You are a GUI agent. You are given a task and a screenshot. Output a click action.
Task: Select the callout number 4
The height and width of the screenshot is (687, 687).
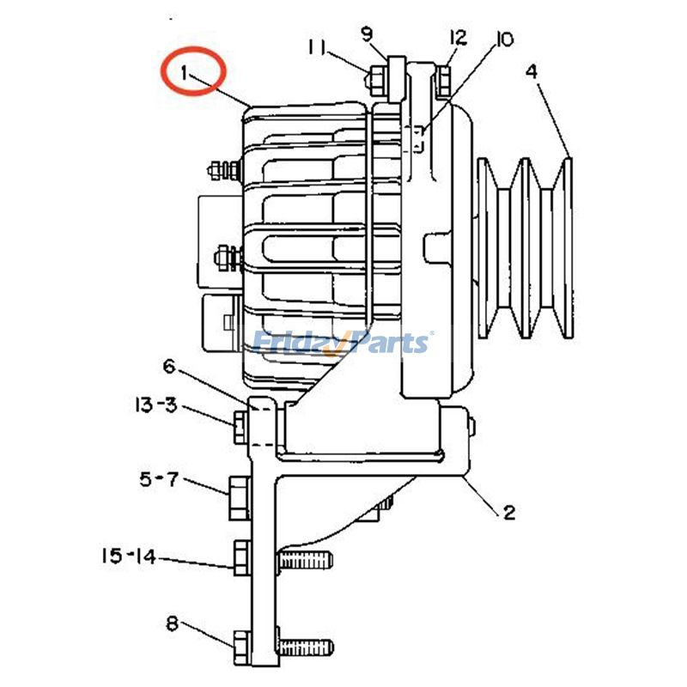532,71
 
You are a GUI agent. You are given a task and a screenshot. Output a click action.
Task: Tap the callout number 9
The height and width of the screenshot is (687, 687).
367,34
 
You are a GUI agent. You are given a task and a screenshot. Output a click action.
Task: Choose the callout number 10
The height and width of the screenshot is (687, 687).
503,39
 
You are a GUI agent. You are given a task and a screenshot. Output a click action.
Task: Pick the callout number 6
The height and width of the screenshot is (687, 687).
169,367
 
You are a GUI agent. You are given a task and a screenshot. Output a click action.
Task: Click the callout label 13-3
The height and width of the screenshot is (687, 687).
155,404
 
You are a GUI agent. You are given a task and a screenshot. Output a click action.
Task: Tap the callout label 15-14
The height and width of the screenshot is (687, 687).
128,556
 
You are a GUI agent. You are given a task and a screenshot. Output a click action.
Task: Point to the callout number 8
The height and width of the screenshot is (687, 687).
172,624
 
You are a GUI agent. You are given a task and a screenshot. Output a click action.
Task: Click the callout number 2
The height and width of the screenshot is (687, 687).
508,513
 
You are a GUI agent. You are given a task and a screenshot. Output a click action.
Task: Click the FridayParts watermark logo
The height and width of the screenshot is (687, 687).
343,343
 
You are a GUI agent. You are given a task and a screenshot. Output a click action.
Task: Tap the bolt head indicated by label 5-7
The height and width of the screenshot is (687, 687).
239,498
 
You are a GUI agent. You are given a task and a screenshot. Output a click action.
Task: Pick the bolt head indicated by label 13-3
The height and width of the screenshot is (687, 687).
240,423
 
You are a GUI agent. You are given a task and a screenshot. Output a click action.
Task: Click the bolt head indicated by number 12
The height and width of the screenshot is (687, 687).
443,80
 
